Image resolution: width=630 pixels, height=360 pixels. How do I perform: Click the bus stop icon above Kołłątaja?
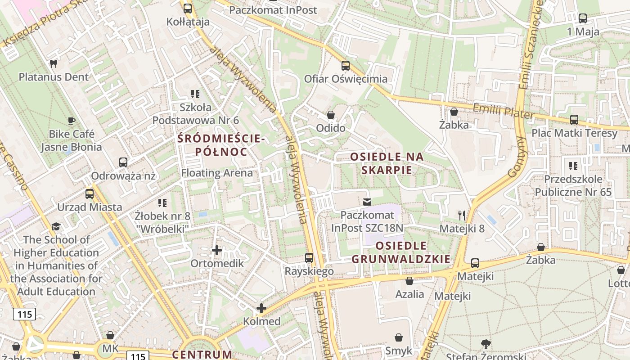pos(188,8)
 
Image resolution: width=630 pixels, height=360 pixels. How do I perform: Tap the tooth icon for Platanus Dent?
pos(53,64)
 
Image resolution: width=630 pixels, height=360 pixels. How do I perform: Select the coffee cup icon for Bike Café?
pos(71,121)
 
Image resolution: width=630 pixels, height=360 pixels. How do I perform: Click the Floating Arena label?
pos(217,173)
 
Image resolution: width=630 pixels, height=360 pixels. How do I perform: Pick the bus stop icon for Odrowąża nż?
pos(123,162)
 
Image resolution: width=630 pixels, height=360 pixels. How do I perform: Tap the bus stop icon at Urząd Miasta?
pos(90,194)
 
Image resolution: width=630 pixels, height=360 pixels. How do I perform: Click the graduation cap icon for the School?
pos(56,226)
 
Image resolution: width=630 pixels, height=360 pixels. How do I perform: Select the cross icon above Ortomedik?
pos(217,250)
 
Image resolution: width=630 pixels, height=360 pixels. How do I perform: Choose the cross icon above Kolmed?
pos(261,308)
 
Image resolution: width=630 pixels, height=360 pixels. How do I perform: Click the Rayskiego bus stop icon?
pos(309,258)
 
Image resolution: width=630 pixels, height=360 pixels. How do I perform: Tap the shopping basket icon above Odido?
pos(331,115)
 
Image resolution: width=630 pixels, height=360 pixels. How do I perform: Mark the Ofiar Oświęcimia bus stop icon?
pos(346,66)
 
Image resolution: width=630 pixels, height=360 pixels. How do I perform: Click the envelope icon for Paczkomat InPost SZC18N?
pos(367,202)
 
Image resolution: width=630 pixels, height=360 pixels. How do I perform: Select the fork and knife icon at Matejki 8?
pos(462,215)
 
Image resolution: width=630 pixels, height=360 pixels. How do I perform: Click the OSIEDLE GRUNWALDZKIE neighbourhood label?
pos(400,252)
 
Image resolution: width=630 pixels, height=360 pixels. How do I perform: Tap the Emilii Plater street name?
pos(503,111)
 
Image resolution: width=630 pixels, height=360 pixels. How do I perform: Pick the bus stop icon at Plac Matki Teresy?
pos(574,120)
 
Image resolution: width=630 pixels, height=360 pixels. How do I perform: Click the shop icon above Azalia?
pos(409,281)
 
